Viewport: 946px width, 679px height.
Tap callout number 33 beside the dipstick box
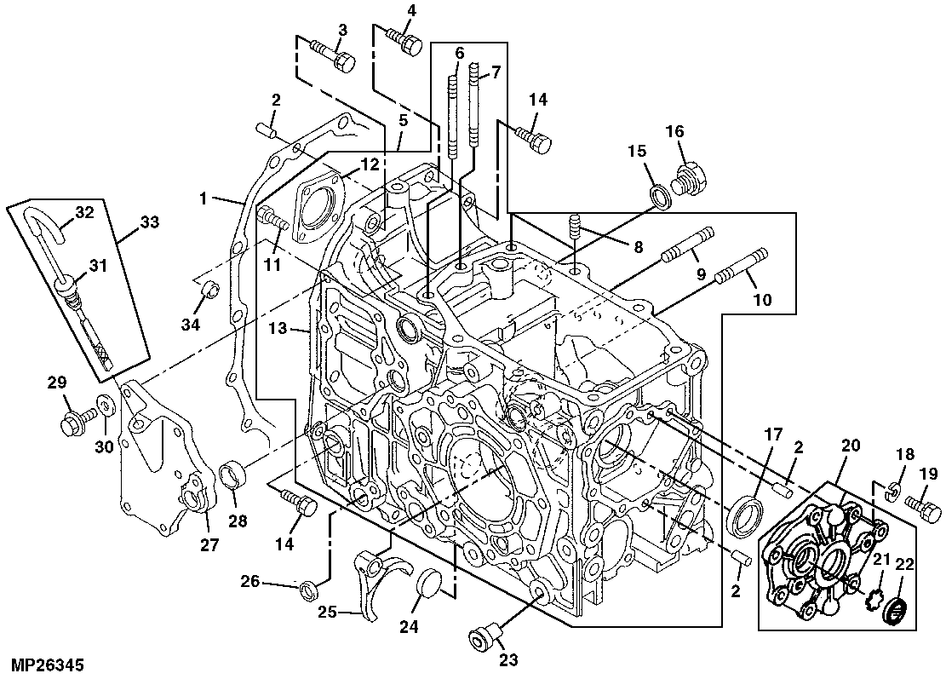click(149, 223)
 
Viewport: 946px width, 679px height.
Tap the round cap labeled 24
click(433, 584)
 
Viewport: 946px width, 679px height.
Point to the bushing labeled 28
click(233, 475)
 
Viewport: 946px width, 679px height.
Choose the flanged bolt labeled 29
click(71, 420)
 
